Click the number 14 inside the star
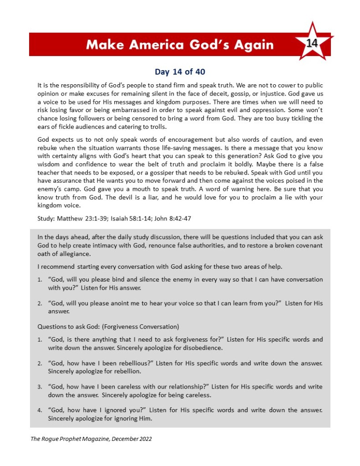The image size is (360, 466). point(312,43)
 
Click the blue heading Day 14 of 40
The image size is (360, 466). point(180,72)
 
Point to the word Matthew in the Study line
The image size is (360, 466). point(68,218)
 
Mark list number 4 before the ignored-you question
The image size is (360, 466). point(40,410)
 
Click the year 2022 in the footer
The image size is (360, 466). point(144,439)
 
